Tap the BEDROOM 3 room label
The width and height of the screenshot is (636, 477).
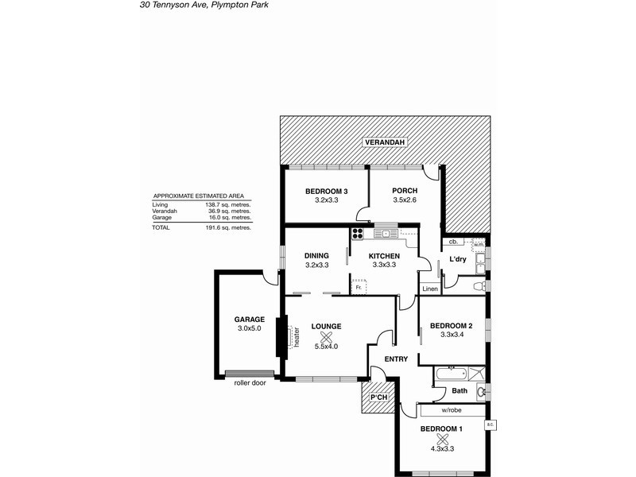(327, 191)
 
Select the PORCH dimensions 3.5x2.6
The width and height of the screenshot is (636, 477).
(405, 201)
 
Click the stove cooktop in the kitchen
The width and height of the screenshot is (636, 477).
(358, 234)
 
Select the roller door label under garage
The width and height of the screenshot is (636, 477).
(249, 382)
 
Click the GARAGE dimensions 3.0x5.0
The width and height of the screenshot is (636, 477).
(249, 328)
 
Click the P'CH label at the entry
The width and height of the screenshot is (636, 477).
(378, 397)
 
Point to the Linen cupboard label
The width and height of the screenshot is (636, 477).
(430, 288)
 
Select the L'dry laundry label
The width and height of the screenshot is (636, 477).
(457, 260)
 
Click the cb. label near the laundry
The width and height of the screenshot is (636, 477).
(452, 242)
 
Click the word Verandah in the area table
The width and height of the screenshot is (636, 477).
(165, 211)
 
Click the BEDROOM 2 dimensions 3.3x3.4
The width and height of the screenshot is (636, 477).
(451, 336)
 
